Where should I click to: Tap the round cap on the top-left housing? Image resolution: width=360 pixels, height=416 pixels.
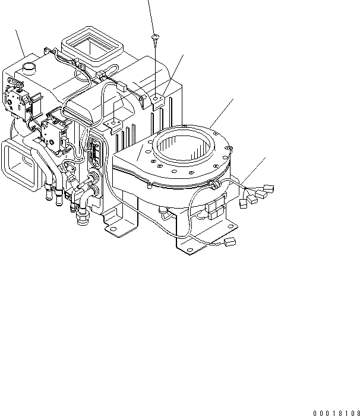click(x=29, y=68)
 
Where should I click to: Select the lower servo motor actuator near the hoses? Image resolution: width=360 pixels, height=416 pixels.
click(x=55, y=133)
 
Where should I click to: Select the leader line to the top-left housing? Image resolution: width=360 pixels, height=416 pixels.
click(x=20, y=42)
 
